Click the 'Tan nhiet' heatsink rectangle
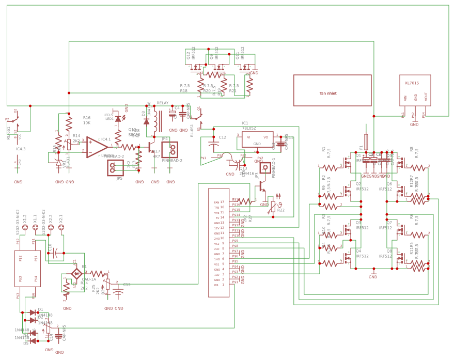pyautogui.click(x=332, y=90)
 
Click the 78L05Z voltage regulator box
pyautogui.click(x=257, y=139)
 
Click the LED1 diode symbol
pyautogui.click(x=118, y=119)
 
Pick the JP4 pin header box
pyautogui.click(x=169, y=150)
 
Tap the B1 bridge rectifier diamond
pyautogui.click(x=76, y=273)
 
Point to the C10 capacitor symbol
pyautogui.click(x=55, y=253)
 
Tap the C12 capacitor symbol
pyautogui.click(x=212, y=139)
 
